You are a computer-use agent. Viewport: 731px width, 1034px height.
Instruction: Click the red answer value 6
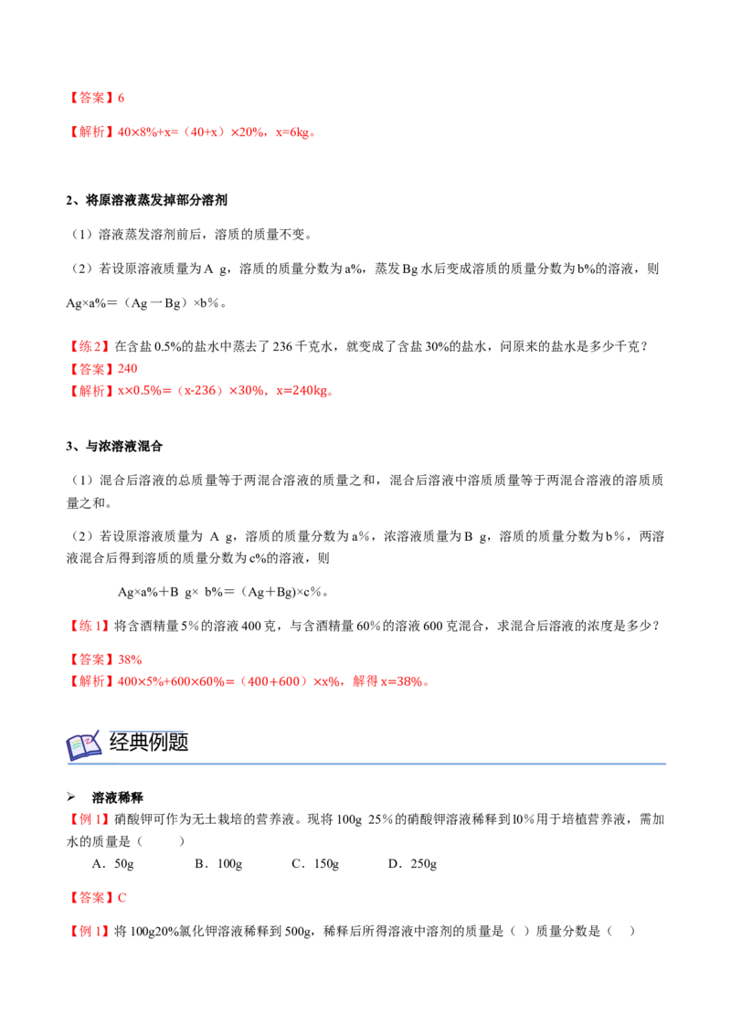tap(121, 99)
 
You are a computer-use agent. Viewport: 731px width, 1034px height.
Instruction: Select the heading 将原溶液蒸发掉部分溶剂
tap(155, 200)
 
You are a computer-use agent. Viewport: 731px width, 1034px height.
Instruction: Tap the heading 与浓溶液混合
tap(123, 447)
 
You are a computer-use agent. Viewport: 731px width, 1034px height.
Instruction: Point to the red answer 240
tap(127, 369)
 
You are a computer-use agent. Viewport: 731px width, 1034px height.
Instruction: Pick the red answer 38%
tap(130, 660)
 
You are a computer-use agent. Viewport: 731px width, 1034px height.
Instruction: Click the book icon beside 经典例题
tap(84, 745)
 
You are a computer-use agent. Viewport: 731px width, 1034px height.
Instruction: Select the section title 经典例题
tap(149, 743)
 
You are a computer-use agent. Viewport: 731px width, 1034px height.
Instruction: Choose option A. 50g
tap(112, 864)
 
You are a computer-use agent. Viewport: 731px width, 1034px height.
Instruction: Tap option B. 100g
tap(218, 864)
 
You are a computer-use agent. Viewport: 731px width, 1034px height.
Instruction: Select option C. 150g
tap(315, 864)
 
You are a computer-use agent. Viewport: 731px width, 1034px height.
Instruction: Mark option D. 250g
tap(412, 864)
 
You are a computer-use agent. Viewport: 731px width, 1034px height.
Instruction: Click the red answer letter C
tap(122, 898)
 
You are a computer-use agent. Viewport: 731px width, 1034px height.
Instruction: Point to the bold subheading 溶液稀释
tap(118, 798)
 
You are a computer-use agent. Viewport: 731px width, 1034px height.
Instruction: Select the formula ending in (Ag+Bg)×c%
tap(222, 592)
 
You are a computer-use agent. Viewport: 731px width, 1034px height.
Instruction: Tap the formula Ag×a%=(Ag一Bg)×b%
tap(146, 303)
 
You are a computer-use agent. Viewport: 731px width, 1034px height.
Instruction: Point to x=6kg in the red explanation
tap(292, 132)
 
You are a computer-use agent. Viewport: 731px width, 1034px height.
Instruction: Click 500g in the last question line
tap(298, 932)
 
